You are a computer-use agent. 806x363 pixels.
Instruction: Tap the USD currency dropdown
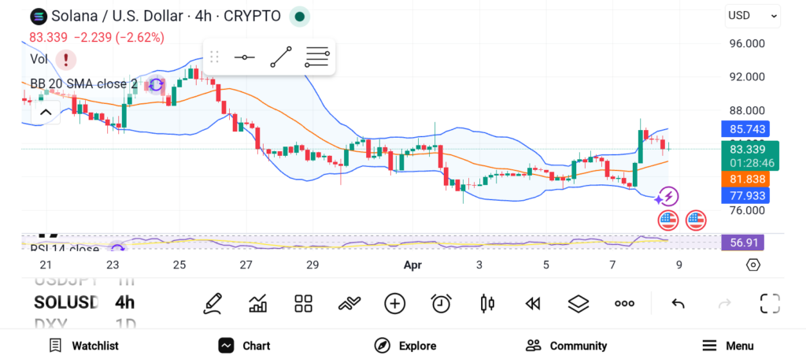tap(752, 15)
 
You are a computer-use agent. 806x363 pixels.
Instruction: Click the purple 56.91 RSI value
tap(742, 243)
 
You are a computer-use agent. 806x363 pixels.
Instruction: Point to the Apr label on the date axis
tap(413, 265)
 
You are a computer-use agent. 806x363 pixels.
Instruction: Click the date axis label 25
tap(179, 265)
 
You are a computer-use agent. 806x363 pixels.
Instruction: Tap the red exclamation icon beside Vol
tap(66, 59)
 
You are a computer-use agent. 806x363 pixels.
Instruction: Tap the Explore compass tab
tap(405, 346)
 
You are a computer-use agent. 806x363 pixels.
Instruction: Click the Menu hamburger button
tap(727, 346)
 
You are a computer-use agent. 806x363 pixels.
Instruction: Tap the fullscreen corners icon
tap(770, 303)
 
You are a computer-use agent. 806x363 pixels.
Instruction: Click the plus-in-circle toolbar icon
tap(394, 303)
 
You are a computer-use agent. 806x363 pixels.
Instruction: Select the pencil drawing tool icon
tap(212, 303)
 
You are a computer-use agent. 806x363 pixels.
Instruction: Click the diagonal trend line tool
tap(281, 57)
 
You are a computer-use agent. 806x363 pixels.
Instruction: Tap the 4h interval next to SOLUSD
tap(124, 302)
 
